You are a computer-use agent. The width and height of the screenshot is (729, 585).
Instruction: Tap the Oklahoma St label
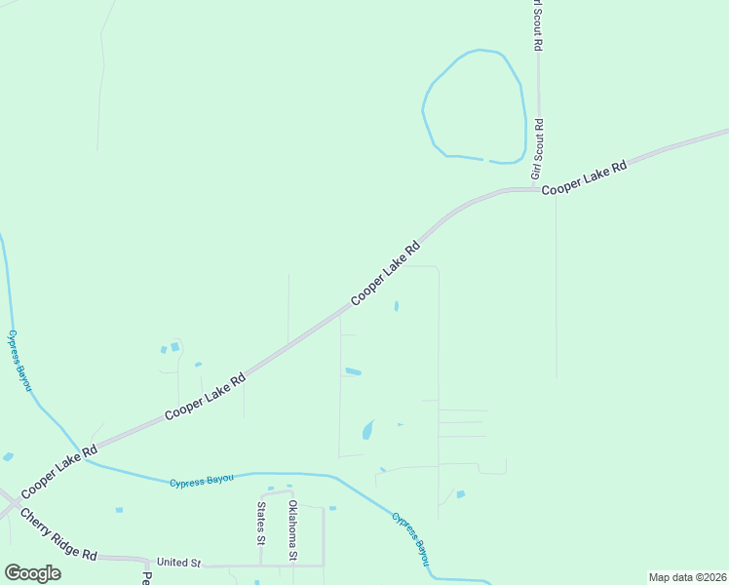292,529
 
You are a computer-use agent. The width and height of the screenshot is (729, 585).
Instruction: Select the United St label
178,563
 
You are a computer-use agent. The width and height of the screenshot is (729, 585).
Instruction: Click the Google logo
32,572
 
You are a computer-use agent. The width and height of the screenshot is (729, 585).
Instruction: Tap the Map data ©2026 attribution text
687,577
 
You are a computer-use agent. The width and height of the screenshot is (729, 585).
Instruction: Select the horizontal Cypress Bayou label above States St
202,481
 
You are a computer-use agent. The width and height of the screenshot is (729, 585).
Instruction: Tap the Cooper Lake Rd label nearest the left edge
59,468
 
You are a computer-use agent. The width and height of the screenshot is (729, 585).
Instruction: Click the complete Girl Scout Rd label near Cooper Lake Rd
537,148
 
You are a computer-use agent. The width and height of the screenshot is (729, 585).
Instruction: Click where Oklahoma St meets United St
293,565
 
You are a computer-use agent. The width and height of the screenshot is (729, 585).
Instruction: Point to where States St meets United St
261,565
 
